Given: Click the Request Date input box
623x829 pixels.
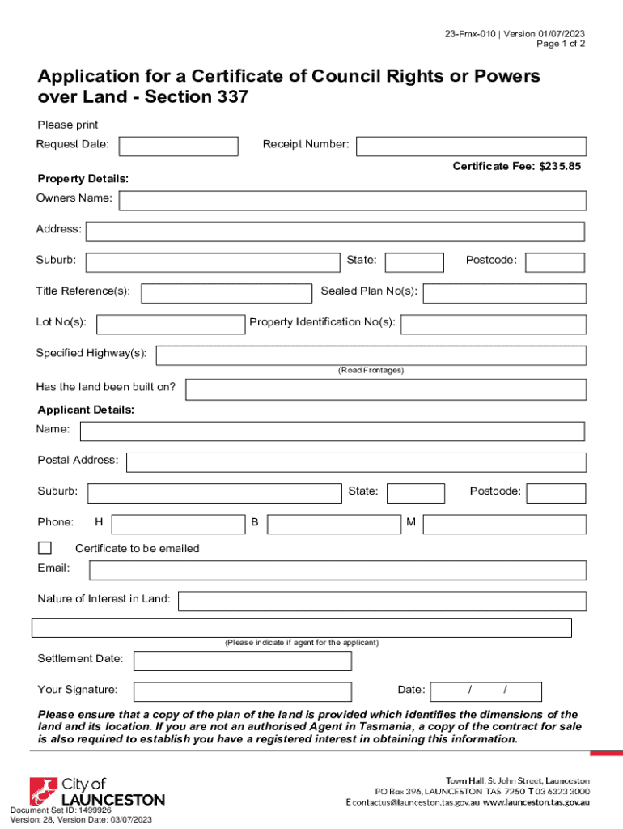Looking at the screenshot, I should [179, 146].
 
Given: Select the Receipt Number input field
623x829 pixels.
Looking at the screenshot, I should [472, 146].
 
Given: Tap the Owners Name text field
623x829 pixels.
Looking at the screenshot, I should [352, 201].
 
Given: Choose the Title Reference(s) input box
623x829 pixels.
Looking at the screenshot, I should [227, 293].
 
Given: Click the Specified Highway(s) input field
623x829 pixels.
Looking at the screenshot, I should [371, 355].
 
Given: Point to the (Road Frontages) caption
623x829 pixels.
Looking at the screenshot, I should [371, 370].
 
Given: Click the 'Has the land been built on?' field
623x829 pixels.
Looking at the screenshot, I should [386, 389].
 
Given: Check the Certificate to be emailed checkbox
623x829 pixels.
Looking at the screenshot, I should [44, 547].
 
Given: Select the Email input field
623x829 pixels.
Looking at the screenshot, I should [337, 571].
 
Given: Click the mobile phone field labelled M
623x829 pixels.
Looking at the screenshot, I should [504, 525].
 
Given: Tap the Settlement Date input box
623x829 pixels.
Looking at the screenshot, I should [243, 661].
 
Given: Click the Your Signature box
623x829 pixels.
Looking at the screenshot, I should [243, 691].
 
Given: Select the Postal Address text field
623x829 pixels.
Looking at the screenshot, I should [356, 462].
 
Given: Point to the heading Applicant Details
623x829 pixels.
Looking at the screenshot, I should [86, 410].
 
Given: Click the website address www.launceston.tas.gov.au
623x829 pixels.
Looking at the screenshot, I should [536, 802].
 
